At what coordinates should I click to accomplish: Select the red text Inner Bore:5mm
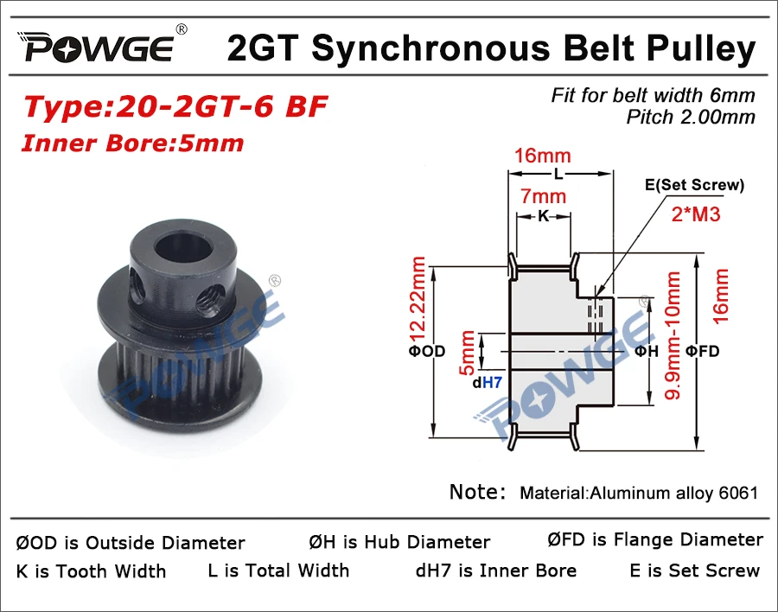tap(132, 143)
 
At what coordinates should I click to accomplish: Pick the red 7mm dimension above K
tap(543, 196)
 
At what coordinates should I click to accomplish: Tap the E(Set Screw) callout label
tap(694, 184)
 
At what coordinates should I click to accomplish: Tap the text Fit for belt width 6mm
tap(653, 95)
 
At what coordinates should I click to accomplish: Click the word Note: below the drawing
tap(477, 493)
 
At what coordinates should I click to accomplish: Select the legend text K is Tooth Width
tap(91, 571)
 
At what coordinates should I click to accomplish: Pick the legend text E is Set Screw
tap(695, 571)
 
